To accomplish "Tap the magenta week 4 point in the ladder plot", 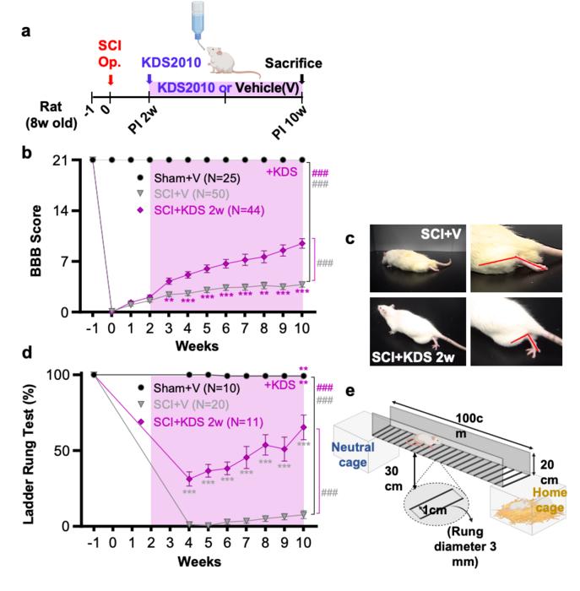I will click(x=189, y=479).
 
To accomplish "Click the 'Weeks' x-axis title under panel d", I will click(x=198, y=559).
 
